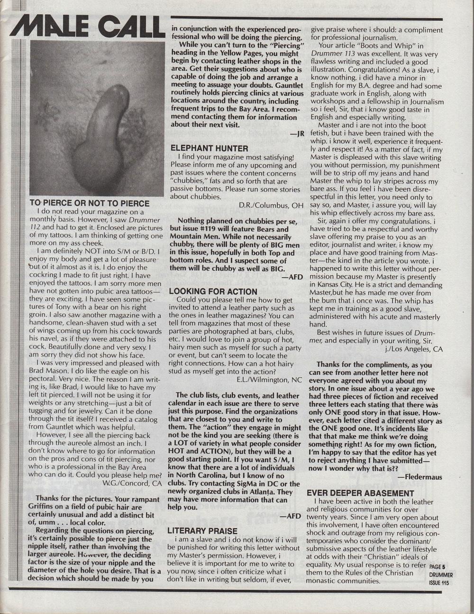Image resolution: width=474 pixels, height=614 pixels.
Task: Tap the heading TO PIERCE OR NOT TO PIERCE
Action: [89, 203]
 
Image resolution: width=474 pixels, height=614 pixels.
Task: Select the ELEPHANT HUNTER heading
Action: [209, 148]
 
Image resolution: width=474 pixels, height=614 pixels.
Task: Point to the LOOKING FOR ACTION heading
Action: [213, 291]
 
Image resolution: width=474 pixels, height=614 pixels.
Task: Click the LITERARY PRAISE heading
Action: [202, 531]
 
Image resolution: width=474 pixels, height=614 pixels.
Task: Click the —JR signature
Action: [297, 134]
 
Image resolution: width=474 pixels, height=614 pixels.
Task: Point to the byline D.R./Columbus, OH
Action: [271, 205]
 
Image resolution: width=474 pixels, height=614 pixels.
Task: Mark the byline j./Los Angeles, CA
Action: [414, 349]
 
